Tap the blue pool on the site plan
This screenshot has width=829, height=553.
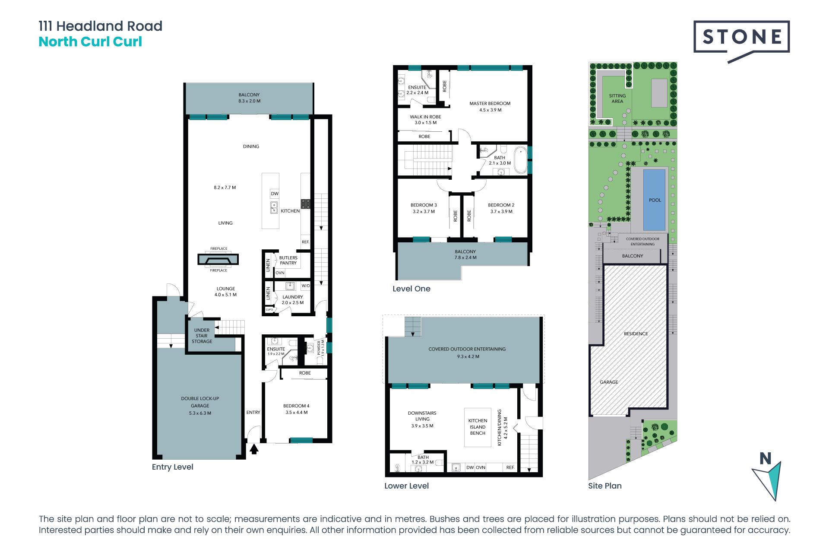pos(655,200)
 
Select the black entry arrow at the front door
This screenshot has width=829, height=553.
pos(254,449)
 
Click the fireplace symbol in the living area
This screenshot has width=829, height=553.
pos(218,259)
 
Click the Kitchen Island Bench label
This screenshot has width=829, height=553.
pos(478,427)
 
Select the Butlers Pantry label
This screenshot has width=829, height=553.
pos(288,260)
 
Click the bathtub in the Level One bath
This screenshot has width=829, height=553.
pos(521,160)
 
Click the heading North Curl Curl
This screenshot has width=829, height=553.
pos(90,42)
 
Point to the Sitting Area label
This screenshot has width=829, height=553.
pos(617,99)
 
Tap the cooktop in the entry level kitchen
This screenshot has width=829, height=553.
pos(306,204)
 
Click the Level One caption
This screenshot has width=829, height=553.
pos(411,289)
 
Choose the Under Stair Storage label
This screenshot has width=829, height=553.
pos(202,336)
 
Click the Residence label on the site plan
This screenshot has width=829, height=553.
pos(636,334)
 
